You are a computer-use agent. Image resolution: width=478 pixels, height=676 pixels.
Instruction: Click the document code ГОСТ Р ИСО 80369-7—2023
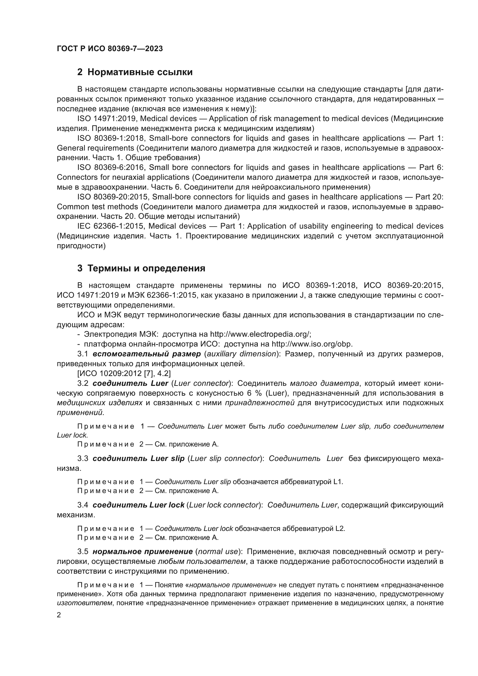(x=110, y=49)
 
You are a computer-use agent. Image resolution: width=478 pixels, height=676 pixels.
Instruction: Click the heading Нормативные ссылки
(x=140, y=72)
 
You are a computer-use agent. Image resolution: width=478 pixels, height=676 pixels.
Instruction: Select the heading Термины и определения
(x=146, y=268)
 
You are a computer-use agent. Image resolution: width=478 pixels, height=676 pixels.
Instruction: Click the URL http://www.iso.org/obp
(x=312, y=344)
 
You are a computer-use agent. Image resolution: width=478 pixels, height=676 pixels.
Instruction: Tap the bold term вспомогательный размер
(x=147, y=354)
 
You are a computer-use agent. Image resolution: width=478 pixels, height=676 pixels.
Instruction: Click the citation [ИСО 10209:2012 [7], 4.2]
(x=124, y=373)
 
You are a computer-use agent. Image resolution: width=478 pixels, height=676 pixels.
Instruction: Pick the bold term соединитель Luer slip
(x=138, y=458)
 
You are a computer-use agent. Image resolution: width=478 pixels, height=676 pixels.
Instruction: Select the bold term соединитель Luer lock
(x=138, y=505)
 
